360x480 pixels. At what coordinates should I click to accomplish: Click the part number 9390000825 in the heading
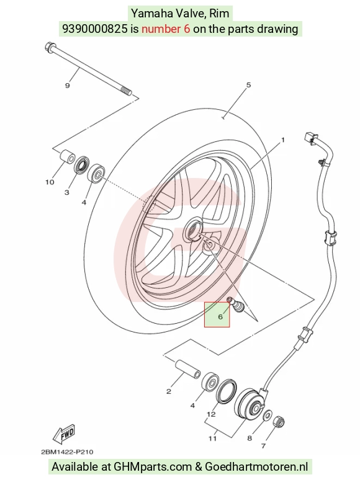[95, 29]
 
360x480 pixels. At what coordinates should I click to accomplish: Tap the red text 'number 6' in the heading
[166, 29]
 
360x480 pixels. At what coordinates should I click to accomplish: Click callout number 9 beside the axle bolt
[68, 86]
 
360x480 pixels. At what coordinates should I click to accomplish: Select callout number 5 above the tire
[248, 85]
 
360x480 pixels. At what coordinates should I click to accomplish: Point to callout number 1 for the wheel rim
[283, 140]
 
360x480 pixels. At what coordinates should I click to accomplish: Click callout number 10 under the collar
[50, 182]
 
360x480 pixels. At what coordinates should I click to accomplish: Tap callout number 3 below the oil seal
[67, 192]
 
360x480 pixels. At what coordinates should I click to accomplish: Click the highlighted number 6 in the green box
[220, 316]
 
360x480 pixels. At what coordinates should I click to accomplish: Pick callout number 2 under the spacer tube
[168, 391]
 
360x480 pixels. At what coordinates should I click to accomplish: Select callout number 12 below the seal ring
[211, 414]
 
